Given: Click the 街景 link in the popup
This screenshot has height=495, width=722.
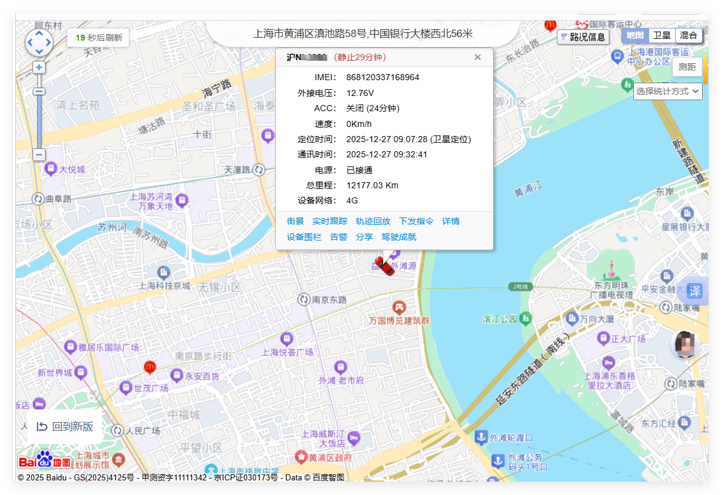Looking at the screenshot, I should point(295,221).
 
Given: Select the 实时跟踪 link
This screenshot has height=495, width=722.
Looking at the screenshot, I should point(330,221).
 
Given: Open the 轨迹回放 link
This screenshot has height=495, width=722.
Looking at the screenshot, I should point(373,221).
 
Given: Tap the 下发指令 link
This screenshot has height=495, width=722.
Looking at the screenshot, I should point(416,221).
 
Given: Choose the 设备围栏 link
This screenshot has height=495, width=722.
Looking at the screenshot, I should point(304,237).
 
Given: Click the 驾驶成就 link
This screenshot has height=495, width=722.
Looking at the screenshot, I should point(399,237).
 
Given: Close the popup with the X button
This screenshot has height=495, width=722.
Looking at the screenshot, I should point(478,57).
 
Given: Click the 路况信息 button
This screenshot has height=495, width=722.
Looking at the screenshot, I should point(583,37).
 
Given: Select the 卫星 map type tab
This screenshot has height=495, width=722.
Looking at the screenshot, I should point(661,35).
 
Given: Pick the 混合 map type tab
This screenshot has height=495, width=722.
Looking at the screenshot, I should point(688,35).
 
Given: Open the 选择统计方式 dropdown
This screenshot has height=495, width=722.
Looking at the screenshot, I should point(667,91).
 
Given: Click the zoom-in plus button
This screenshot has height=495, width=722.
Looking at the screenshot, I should point(39,67).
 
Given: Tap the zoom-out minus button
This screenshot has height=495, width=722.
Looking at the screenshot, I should point(39,154).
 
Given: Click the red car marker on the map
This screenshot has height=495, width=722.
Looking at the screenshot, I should point(384,265).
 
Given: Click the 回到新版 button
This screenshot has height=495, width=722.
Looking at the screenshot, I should point(65,426).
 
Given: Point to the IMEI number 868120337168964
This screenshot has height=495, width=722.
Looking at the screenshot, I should point(383,77).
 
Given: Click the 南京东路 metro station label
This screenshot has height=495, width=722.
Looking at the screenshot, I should point(329,299).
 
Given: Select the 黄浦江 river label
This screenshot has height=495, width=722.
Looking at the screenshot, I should point(527,189).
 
